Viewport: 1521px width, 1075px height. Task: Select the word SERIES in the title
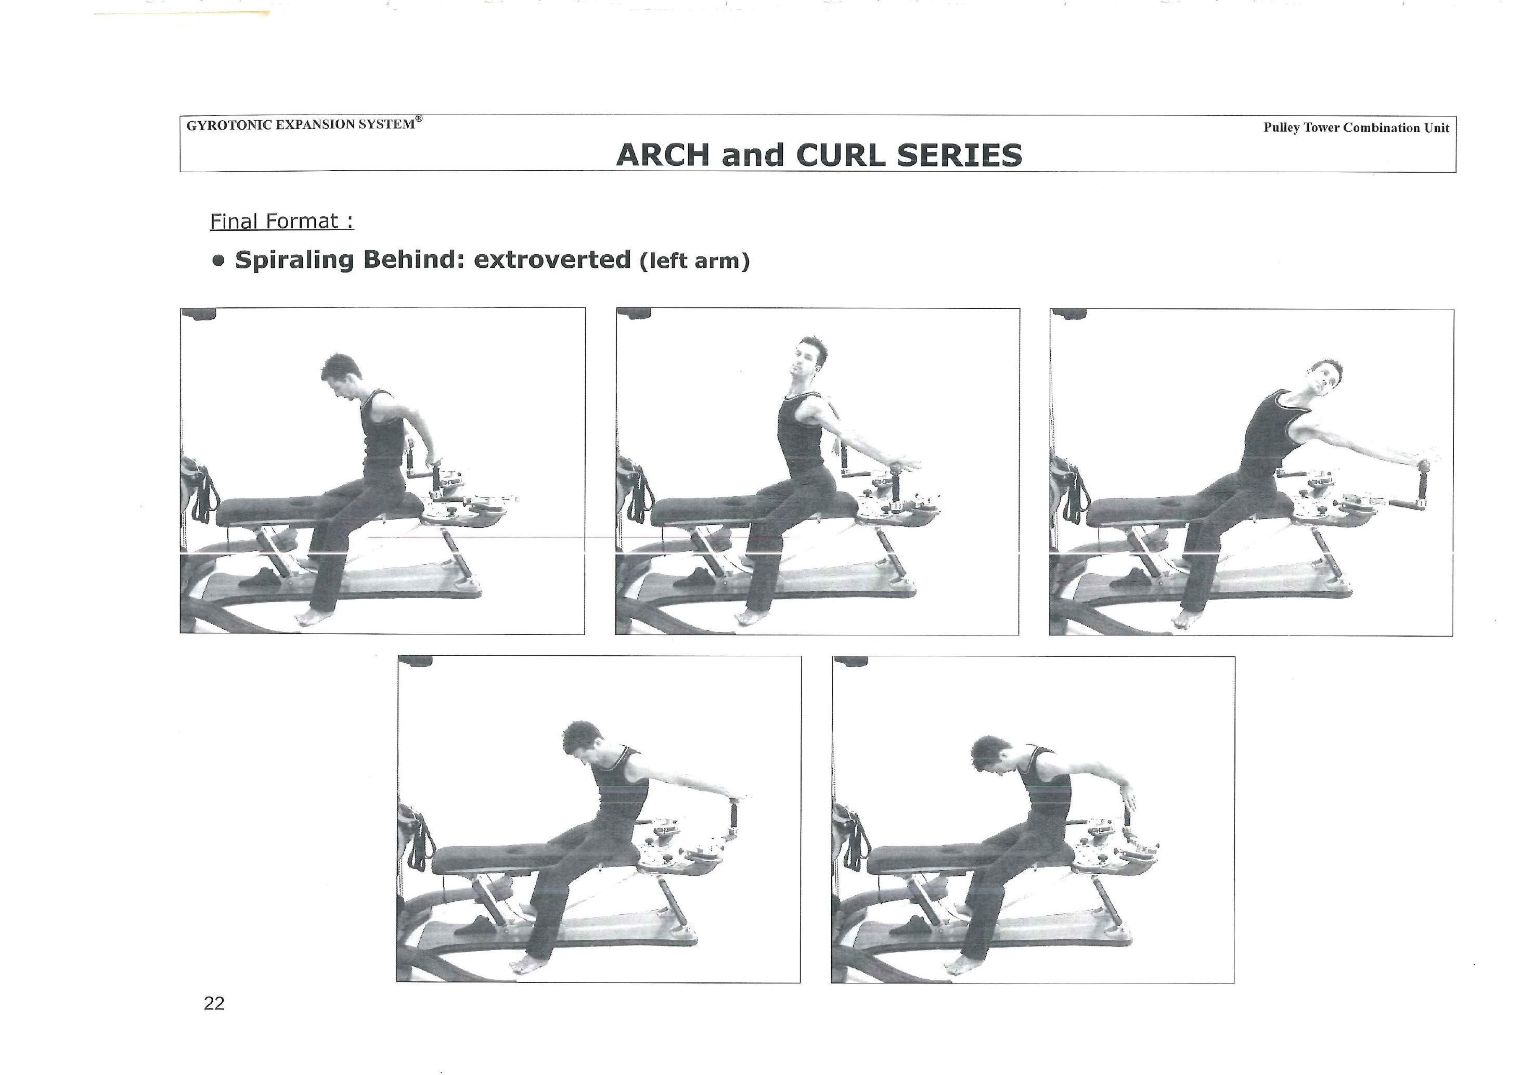[x=960, y=155]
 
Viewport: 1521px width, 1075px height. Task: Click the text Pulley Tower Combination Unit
[x=1356, y=128]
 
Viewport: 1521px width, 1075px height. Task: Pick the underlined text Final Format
[x=281, y=221]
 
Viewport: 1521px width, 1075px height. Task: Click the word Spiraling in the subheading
[x=295, y=260]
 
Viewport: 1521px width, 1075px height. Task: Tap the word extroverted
[x=552, y=259]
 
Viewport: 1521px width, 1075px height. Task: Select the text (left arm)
[x=695, y=261]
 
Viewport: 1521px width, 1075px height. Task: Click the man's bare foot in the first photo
[x=312, y=617]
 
